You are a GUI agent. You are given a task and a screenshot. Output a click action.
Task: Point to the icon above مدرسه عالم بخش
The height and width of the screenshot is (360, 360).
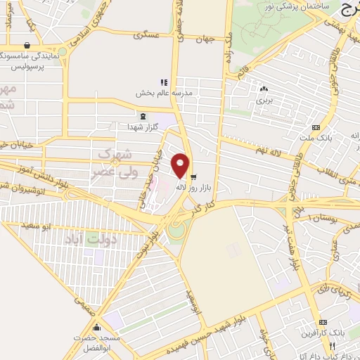tap(164, 82)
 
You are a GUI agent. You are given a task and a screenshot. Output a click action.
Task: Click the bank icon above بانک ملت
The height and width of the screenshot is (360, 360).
tap(316, 127)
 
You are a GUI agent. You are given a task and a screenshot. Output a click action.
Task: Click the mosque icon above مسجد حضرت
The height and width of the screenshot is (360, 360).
tap(96, 328)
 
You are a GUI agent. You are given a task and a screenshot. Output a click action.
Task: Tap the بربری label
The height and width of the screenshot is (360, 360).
tap(264, 101)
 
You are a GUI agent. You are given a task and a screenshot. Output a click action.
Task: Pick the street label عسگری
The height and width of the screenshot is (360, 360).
tap(149, 34)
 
